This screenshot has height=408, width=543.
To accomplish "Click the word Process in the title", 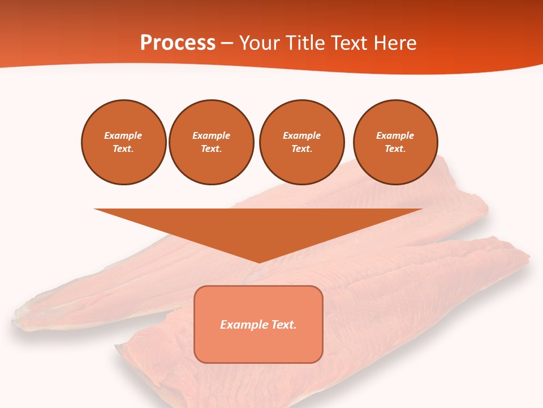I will pos(178,43).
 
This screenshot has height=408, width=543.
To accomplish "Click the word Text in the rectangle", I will pos(284,325).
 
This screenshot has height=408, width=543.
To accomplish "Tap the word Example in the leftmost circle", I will pos(123,135).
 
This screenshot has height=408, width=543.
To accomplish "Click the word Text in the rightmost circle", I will pos(395,148).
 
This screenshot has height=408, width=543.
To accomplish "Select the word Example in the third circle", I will pos(302,135).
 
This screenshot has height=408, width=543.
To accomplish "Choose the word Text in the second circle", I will pos(211,148).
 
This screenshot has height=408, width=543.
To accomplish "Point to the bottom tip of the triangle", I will pos(259,262).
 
